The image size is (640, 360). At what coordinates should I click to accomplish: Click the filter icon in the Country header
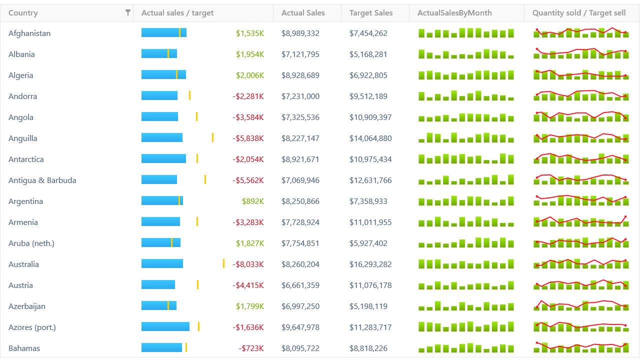tap(128, 13)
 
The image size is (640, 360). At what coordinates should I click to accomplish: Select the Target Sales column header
tap(371, 13)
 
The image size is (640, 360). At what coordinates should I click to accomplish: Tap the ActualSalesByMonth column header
tap(454, 13)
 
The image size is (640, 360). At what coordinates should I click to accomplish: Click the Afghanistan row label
tap(29, 33)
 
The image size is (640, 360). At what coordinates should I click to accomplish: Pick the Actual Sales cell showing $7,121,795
tap(300, 54)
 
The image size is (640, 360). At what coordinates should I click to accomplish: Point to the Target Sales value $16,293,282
tap(370, 264)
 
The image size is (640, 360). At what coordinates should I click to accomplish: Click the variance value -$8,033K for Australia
tap(248, 264)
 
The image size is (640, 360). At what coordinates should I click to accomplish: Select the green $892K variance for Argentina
tap(253, 201)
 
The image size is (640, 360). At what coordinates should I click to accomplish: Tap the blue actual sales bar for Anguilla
tap(162, 137)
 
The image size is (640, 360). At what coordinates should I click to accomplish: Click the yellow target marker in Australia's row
tap(223, 263)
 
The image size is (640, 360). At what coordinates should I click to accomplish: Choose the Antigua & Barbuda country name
tap(42, 180)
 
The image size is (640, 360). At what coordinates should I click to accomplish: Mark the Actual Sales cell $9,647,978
tap(300, 327)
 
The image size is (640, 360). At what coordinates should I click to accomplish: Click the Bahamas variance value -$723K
tap(251, 348)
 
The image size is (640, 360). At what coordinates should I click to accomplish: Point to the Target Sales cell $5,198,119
tap(368, 306)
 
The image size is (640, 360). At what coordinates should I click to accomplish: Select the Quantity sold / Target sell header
tap(579, 13)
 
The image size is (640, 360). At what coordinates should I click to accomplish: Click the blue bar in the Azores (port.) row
tap(165, 326)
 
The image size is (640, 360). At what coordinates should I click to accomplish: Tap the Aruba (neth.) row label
tap(31, 243)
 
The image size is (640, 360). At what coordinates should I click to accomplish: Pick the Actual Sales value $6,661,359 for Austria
tap(300, 285)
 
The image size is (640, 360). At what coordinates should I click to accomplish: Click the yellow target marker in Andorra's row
tap(189, 95)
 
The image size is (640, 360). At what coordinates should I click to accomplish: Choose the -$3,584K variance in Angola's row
tap(248, 117)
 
